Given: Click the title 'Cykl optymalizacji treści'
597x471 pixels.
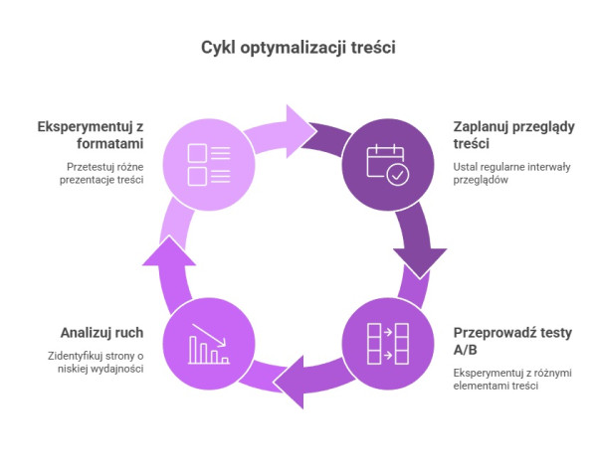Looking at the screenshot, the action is pos(298,48).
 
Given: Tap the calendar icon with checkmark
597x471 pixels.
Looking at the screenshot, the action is pos(388,165).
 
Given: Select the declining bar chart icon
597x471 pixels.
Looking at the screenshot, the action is pos(209,344).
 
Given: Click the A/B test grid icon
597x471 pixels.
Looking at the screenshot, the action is pos(388,344).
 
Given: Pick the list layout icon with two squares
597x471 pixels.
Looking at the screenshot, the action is pos(209,165).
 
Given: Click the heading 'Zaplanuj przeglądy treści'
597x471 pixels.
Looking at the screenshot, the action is pos(513,135).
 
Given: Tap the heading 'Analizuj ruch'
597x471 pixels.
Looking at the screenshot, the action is pos(102,333).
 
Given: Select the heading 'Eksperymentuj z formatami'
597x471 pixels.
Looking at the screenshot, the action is pos(91,135).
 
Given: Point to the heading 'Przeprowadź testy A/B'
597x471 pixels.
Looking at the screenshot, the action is pos(512,341).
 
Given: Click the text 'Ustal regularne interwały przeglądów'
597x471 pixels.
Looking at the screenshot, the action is pos(511,173).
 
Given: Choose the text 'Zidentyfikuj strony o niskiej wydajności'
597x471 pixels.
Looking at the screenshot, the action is pos(96,362).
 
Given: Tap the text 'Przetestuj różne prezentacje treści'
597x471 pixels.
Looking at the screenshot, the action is pos(101,173).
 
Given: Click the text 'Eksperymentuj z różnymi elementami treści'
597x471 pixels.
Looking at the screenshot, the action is pos(512,379).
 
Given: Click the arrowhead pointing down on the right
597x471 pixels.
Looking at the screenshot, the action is pos(420,262).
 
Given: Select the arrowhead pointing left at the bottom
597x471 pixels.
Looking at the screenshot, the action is pos(289,382).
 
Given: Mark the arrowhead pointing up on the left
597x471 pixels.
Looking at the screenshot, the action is pos(169,250).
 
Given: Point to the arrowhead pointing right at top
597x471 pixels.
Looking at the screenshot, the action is pos(301,131).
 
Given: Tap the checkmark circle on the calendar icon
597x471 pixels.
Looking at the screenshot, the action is pos(397,175).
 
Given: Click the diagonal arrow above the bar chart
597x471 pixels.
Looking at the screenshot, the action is pos(209,335).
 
